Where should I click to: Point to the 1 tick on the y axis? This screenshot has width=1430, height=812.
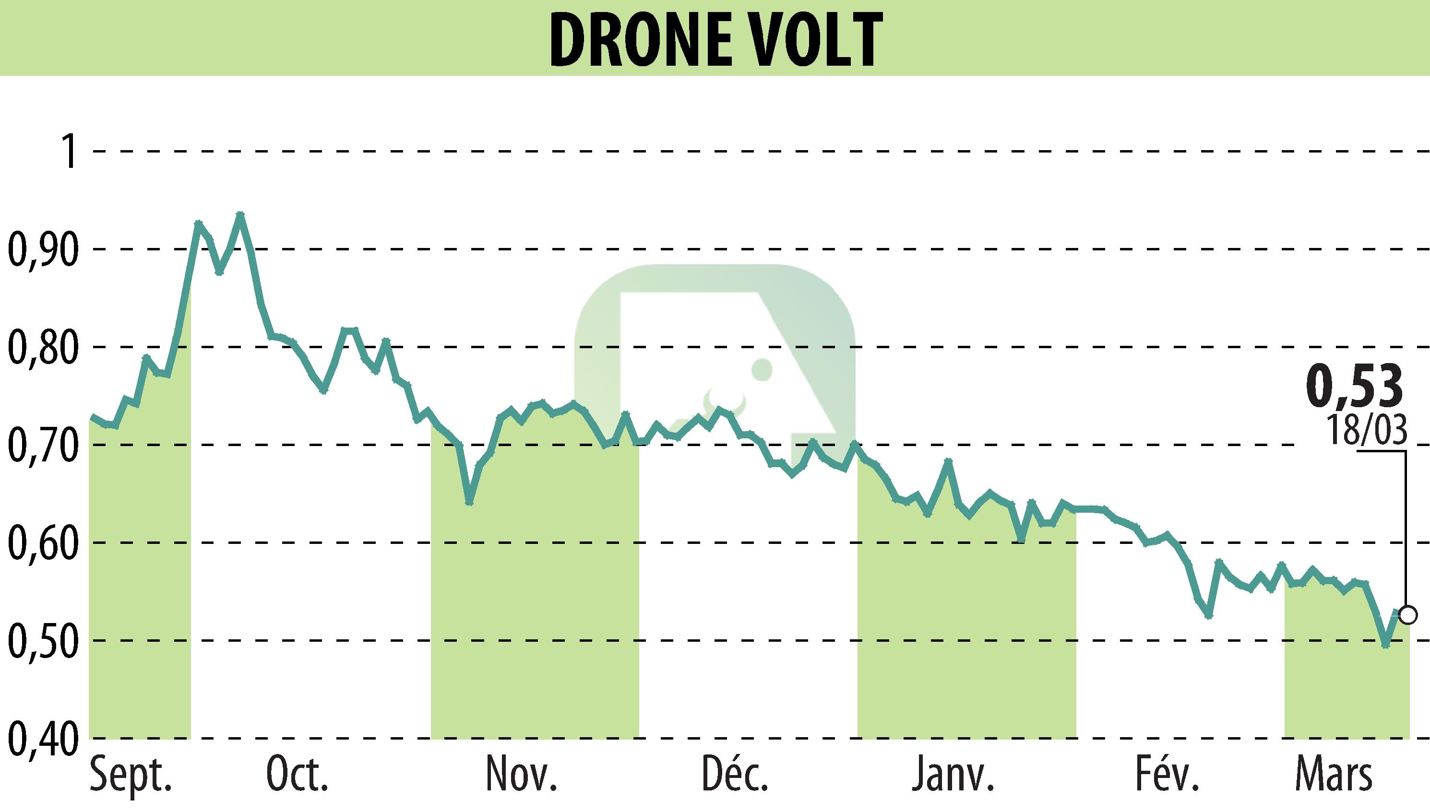69,151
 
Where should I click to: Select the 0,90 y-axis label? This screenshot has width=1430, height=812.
42,249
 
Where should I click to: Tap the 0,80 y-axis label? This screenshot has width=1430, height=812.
42,347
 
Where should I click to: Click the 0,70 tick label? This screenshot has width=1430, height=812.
42,445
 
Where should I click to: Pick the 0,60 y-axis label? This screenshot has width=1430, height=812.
42,542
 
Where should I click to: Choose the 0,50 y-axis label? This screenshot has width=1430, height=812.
42,641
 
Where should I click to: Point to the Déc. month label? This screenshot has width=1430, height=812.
735,774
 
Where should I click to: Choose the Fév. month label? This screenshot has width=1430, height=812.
1167,774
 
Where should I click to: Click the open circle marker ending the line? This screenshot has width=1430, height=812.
1408,616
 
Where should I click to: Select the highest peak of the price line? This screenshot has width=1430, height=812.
240,214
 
